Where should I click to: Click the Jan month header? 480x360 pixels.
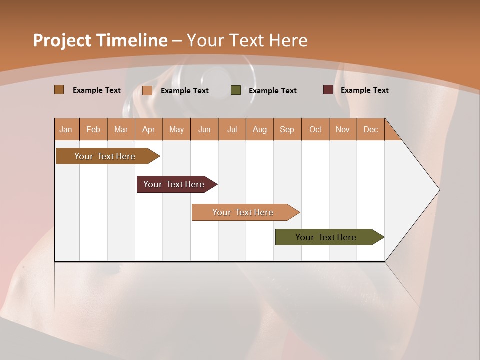coord(66,129)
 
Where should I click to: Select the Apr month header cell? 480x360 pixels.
coord(149,129)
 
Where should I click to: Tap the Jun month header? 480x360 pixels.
coord(204,129)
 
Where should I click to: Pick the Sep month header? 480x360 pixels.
coord(287,129)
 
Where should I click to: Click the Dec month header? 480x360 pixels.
coord(370,129)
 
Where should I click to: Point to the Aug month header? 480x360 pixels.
coord(260,129)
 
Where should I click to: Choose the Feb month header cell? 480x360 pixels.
coord(93,129)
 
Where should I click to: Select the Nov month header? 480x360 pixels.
coord(343,129)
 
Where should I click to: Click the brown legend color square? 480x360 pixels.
coord(59,90)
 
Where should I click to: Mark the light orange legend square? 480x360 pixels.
coord(147,90)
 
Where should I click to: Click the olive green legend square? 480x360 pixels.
coord(236,90)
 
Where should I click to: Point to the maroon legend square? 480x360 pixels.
coord(328,90)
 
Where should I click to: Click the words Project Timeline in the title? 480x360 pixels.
coord(100,40)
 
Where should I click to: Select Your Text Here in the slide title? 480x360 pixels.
coord(247,40)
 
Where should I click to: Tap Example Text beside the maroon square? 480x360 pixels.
coord(364,90)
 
